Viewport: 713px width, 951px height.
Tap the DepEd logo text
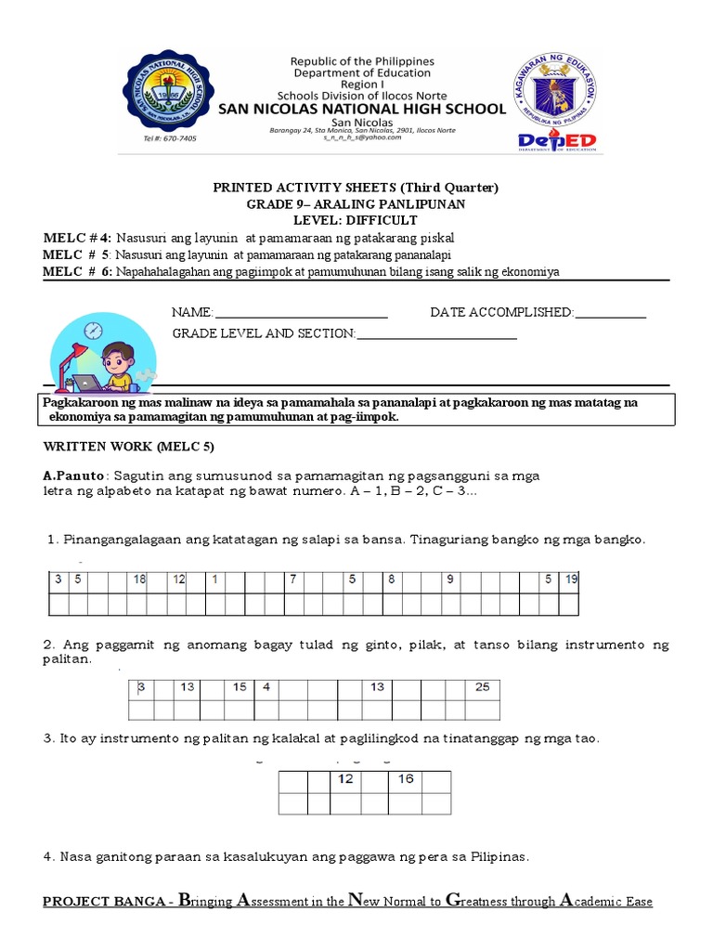pos(557,140)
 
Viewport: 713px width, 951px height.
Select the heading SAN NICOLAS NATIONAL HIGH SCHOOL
pos(361,109)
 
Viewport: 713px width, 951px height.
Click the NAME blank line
pos(301,313)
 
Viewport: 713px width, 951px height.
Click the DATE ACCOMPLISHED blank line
pos(610,313)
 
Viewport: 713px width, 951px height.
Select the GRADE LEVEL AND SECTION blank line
pos(436,333)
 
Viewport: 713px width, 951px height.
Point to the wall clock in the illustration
pos(93,331)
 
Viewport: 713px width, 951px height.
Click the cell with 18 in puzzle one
pos(139,580)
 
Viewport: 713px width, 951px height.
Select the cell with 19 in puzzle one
pos(571,580)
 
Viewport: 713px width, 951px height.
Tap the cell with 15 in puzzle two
pos(239,688)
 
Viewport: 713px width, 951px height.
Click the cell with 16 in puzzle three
pos(407,780)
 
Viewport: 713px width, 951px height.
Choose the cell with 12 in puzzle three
pos(346,780)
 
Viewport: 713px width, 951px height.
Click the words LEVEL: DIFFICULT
pos(356,220)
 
